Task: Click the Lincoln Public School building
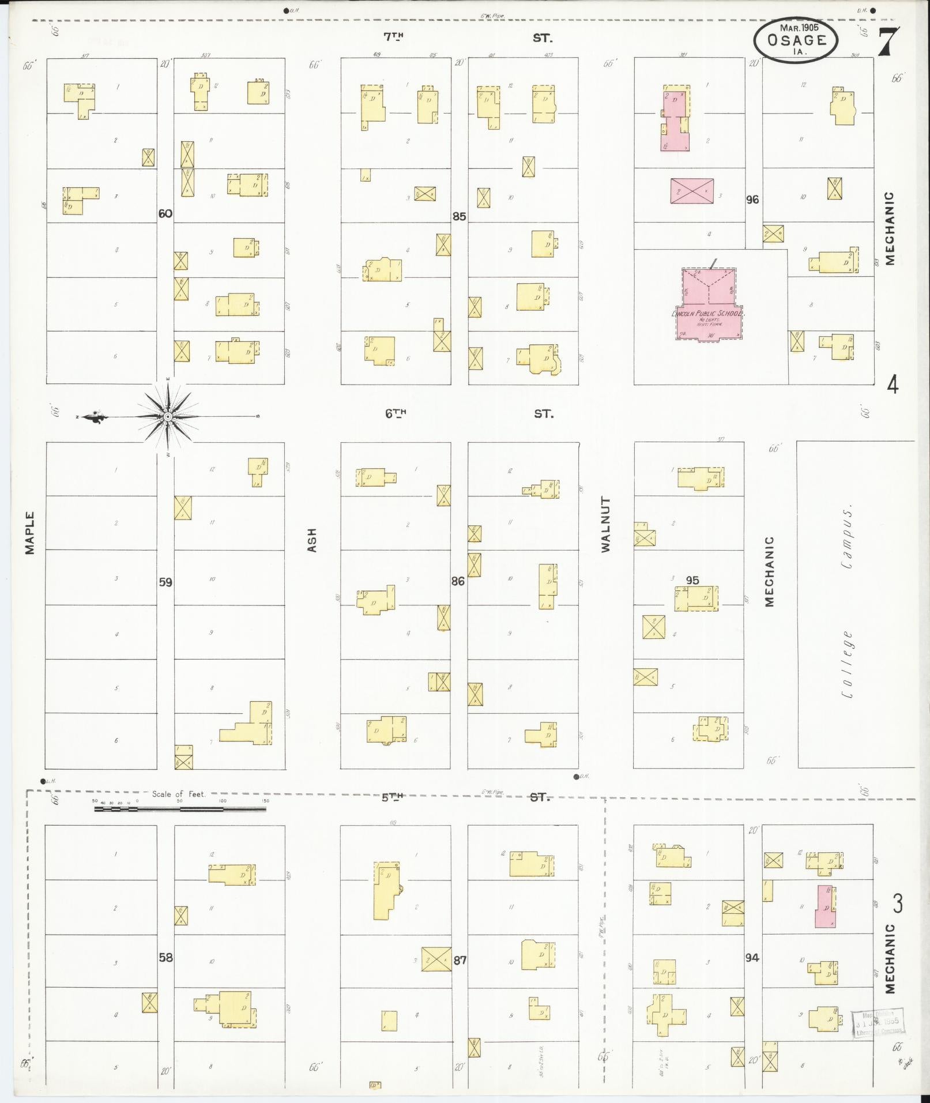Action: [709, 303]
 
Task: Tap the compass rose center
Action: [168, 416]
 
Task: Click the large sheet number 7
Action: [888, 42]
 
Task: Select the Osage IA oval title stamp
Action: [796, 40]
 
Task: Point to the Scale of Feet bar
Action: [180, 809]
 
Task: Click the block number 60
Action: [165, 213]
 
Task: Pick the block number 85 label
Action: [459, 217]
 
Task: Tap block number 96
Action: [752, 199]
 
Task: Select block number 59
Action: [165, 582]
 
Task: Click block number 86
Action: [458, 581]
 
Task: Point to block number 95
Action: [692, 580]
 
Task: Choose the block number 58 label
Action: [165, 958]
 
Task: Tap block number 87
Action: [460, 961]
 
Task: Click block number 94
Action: [752, 958]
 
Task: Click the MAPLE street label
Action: [30, 533]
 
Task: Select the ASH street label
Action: [312, 540]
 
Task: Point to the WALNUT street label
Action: [605, 524]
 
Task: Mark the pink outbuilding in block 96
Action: [692, 190]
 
